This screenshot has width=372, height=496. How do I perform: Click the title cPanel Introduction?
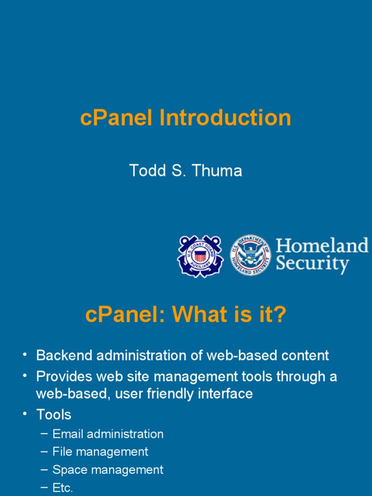(186, 118)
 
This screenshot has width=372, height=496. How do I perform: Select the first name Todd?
(145, 170)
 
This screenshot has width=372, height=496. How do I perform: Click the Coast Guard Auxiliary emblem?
(200, 255)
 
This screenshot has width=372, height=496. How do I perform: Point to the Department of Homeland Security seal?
(250, 255)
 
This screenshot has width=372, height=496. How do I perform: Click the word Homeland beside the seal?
(322, 246)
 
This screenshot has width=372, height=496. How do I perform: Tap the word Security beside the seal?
(312, 265)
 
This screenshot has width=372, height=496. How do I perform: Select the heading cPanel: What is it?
(186, 315)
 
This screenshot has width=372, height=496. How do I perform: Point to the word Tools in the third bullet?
(54, 415)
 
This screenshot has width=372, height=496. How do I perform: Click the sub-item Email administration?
(108, 434)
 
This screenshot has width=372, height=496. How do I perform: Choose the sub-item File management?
(100, 452)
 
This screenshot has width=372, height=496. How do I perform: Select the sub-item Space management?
(108, 470)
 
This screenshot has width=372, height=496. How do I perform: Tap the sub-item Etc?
(62, 488)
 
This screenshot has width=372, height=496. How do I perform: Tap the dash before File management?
(44, 451)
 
